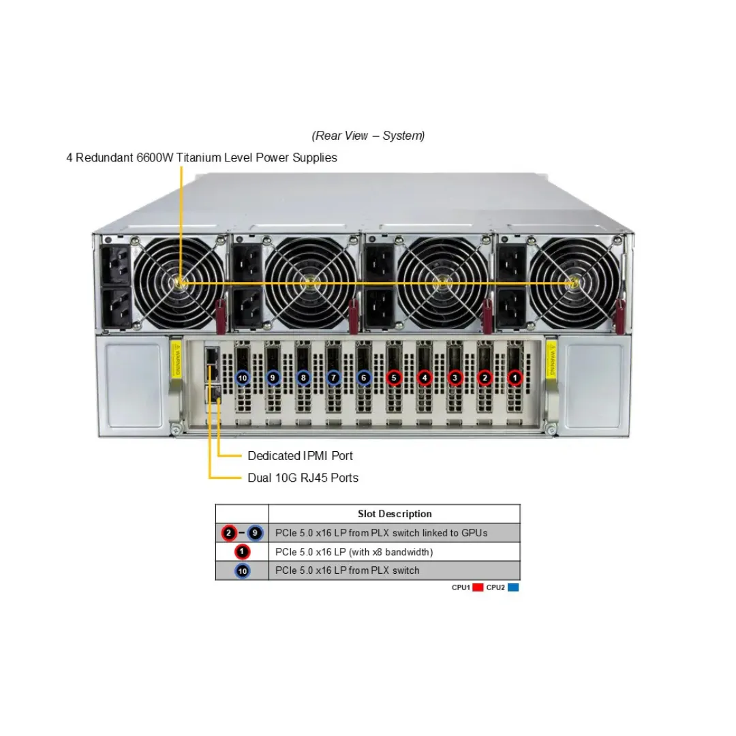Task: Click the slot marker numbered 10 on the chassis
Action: (242, 378)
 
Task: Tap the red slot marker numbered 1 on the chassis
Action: (515, 378)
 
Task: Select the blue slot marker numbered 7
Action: (333, 378)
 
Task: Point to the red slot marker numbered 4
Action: (425, 378)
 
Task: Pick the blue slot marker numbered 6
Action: (364, 378)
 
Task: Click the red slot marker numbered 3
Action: (455, 378)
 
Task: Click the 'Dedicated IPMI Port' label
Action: (300, 456)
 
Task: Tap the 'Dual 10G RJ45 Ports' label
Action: (303, 478)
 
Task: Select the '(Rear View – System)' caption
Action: (368, 136)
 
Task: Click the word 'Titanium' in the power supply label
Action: (198, 157)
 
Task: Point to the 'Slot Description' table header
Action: (395, 514)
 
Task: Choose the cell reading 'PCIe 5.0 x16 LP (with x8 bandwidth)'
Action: (354, 552)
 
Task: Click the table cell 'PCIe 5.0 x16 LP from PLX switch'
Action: (348, 571)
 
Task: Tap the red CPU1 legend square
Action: (478, 587)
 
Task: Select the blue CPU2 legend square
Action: (513, 587)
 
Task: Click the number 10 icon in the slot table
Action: (242, 571)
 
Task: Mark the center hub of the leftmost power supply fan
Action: (180, 283)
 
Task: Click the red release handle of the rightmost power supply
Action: (620, 317)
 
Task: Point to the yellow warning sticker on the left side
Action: (177, 358)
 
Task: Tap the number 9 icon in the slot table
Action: (255, 533)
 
